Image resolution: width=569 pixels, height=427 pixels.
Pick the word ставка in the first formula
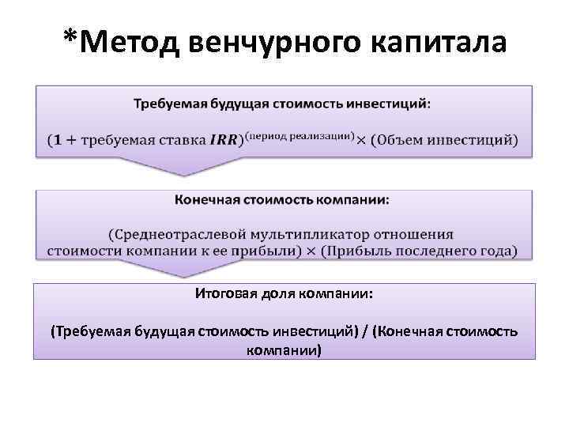click(x=183, y=142)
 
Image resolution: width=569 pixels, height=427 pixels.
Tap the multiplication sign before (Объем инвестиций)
click(x=361, y=142)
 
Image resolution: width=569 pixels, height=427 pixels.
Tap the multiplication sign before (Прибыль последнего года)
click(x=311, y=251)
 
